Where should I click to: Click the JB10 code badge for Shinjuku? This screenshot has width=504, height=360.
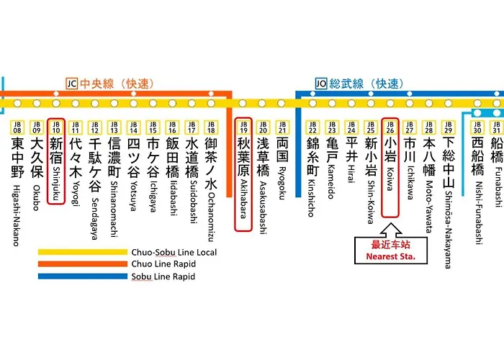click(x=57, y=127)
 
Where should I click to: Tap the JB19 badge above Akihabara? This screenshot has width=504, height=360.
click(x=243, y=127)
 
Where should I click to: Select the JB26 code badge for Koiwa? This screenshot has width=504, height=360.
click(x=390, y=127)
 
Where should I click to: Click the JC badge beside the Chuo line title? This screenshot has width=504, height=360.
click(x=71, y=84)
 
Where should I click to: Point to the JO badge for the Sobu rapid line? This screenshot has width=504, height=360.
click(x=320, y=84)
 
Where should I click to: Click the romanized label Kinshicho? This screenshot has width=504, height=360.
click(x=312, y=197)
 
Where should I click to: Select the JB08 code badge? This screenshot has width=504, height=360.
click(x=17, y=127)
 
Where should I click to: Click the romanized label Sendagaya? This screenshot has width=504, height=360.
click(x=94, y=196)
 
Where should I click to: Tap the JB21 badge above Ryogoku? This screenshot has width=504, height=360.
click(x=282, y=127)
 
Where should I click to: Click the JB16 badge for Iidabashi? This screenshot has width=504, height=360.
click(x=171, y=127)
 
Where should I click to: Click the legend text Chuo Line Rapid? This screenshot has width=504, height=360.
click(x=163, y=265)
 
